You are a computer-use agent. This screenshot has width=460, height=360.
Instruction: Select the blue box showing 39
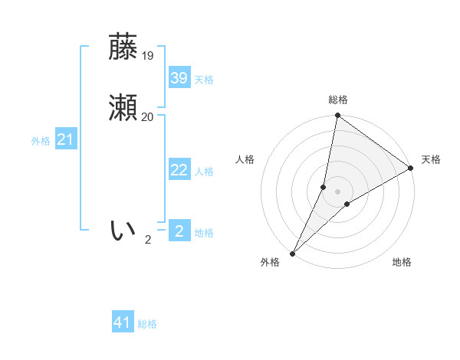pos(179,77)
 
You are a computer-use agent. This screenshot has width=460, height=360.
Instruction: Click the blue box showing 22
pos(179,170)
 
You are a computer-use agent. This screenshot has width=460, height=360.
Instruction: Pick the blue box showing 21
pos(65,139)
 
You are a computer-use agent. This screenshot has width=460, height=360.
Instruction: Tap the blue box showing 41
pos(123,322)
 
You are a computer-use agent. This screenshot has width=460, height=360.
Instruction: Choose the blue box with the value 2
pos(179,231)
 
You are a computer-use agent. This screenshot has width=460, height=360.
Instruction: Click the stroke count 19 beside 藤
pos(148,55)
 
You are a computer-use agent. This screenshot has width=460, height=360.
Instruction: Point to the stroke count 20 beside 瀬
pos(148,116)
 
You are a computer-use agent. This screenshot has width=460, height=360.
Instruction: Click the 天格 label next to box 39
pos(204,80)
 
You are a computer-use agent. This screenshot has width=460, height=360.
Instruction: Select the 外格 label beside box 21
pos(41,141)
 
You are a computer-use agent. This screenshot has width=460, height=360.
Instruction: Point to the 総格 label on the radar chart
pos(337,100)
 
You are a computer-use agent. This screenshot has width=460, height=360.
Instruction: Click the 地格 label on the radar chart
pos(402,262)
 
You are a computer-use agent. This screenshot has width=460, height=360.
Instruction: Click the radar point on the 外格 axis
pos(292,253)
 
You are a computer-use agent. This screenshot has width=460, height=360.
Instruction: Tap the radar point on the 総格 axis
pos(337,116)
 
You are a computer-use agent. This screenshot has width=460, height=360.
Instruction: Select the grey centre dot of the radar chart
pos(337,191)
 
